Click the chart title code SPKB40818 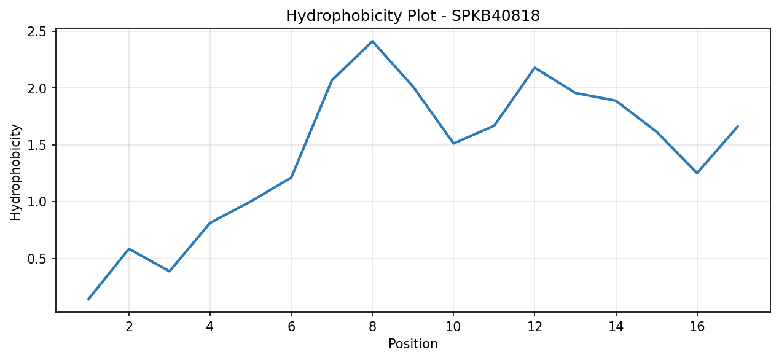click(496, 16)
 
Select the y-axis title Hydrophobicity click(15, 173)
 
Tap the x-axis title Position click(413, 344)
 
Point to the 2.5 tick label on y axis click(36, 32)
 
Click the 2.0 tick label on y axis click(36, 88)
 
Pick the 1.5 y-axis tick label click(36, 145)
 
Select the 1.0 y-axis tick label click(36, 202)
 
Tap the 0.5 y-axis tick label click(36, 259)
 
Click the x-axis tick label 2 click(129, 327)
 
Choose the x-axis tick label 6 click(291, 327)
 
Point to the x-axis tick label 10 click(453, 327)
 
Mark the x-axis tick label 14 click(616, 327)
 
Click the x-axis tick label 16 click(697, 327)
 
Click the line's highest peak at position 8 click(372, 41)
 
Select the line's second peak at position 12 click(534, 68)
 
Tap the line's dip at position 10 click(453, 143)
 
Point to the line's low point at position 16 click(697, 173)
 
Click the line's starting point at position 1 click(88, 299)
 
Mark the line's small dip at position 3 click(170, 271)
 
